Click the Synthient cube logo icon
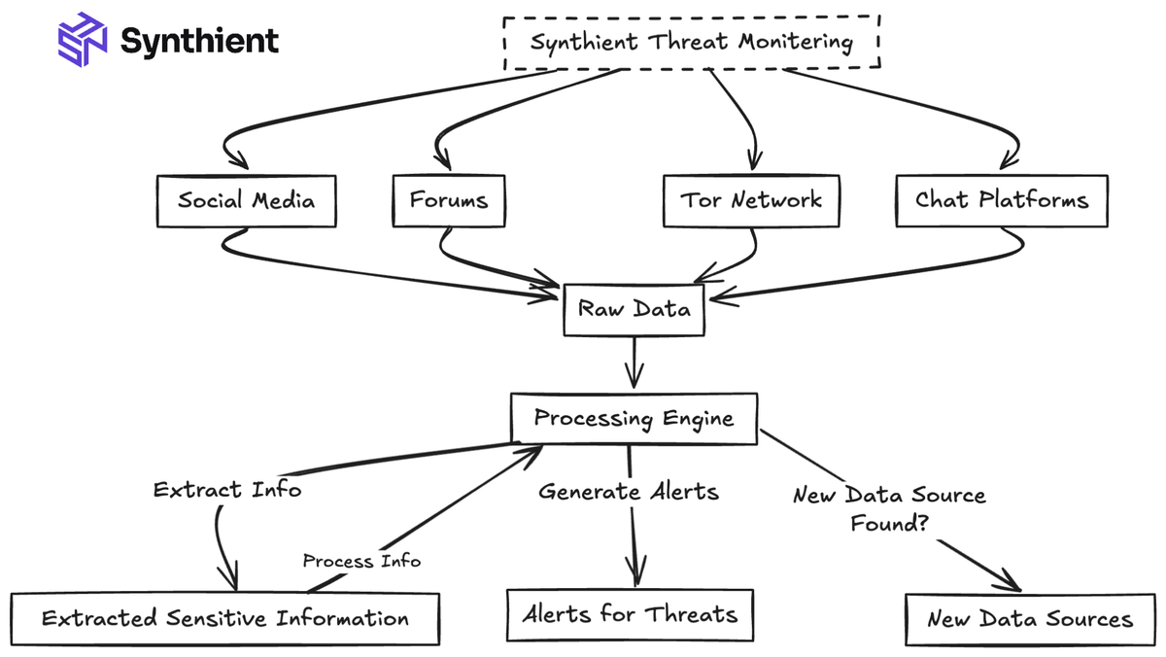tap(82, 40)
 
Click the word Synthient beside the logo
tap(199, 41)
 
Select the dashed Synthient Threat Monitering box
tap(691, 43)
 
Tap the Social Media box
tap(246, 201)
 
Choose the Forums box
tap(448, 201)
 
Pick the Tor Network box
tap(750, 201)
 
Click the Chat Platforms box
tap(1001, 201)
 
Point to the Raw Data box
tap(634, 309)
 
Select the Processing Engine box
tap(634, 419)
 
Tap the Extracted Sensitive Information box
tap(224, 619)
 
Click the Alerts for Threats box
tap(630, 615)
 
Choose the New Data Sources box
tap(1029, 619)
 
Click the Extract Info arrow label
tap(227, 490)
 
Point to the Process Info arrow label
tap(361, 561)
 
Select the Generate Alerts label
tap(629, 492)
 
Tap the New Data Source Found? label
tap(888, 508)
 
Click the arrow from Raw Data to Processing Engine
tap(634, 362)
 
